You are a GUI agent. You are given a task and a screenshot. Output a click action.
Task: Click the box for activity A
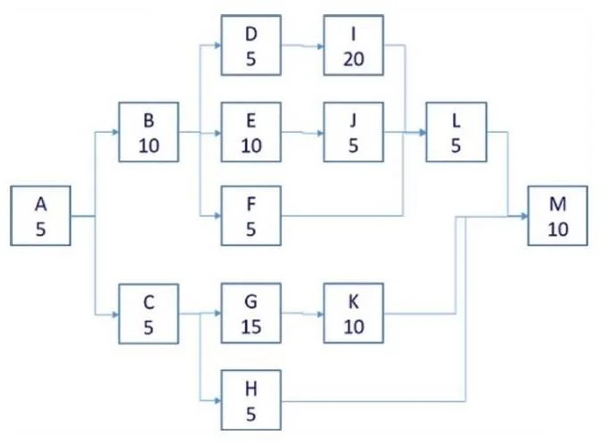(40, 216)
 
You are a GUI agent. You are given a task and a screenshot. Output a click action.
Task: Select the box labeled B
(149, 132)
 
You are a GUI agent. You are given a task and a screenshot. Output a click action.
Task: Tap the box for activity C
(149, 314)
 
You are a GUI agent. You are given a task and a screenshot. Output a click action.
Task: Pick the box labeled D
(251, 45)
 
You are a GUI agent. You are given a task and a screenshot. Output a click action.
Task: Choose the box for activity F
(251, 216)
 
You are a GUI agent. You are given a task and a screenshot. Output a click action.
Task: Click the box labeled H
(251, 400)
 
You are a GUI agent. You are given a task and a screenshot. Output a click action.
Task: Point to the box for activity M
(557, 216)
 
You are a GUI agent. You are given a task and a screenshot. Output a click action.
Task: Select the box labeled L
(456, 132)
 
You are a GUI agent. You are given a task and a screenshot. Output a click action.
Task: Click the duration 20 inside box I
(354, 59)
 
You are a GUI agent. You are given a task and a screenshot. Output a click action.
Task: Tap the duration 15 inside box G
(251, 327)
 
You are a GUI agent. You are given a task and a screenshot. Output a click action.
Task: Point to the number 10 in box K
(354, 327)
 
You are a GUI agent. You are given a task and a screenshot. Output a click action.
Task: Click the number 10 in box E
(251, 145)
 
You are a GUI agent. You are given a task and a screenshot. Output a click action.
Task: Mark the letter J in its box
(353, 121)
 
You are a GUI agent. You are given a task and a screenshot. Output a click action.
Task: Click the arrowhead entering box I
(321, 46)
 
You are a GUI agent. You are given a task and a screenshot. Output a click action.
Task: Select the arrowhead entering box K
(321, 314)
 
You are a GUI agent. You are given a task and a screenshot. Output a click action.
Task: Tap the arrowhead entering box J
(321, 133)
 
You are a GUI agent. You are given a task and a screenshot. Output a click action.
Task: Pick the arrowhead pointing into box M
(524, 217)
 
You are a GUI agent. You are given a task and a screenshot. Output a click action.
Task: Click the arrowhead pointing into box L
(423, 133)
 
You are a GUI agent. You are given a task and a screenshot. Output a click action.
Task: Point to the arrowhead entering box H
(218, 401)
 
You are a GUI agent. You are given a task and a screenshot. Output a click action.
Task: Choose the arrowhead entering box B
(116, 132)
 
